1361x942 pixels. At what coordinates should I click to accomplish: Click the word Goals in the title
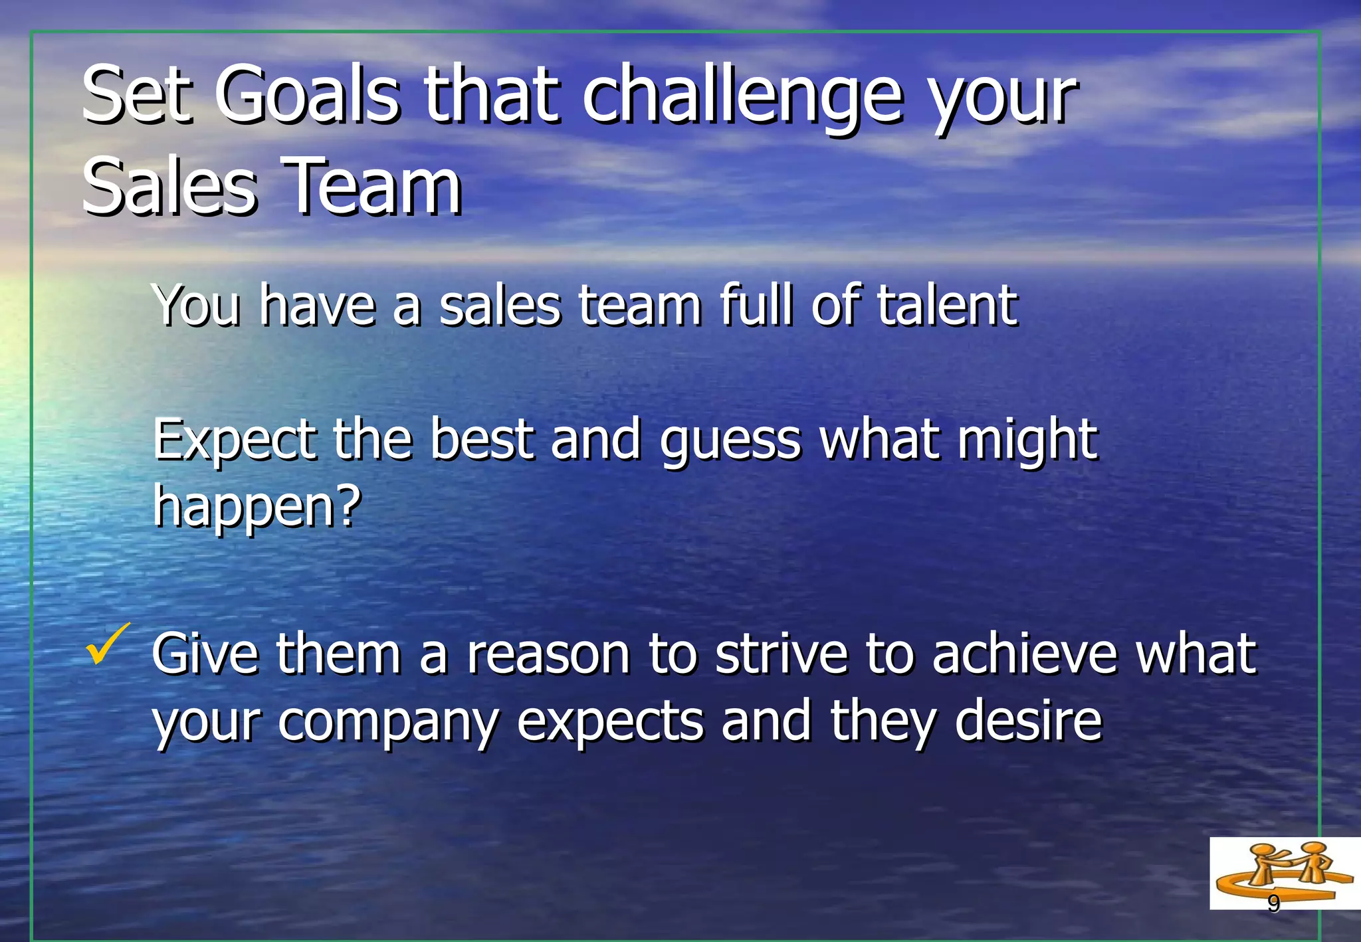coord(307,95)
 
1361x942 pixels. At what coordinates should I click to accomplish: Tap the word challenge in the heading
coord(742,98)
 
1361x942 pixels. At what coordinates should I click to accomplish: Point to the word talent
coord(946,306)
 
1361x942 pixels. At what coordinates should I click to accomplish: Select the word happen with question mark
coord(257,507)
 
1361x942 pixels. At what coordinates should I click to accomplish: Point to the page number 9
coord(1273,903)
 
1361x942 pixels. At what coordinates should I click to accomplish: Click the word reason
coord(548,654)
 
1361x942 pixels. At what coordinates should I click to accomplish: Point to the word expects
coord(609,723)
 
